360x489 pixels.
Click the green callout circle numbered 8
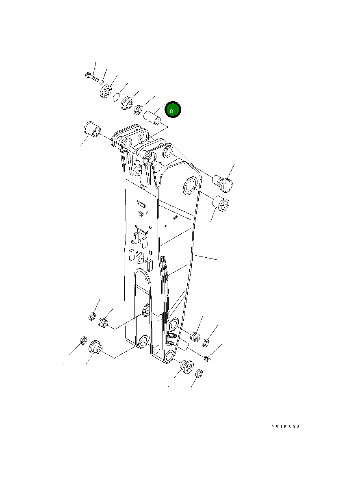(173, 109)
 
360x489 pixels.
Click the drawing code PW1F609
(285, 426)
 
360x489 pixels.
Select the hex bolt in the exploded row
(92, 77)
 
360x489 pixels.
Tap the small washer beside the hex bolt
(102, 83)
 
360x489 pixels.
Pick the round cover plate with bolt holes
(106, 91)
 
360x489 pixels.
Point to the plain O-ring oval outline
(116, 97)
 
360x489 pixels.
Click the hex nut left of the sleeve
(138, 110)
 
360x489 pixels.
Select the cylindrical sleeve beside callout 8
(152, 118)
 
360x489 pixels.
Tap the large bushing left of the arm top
(92, 129)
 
